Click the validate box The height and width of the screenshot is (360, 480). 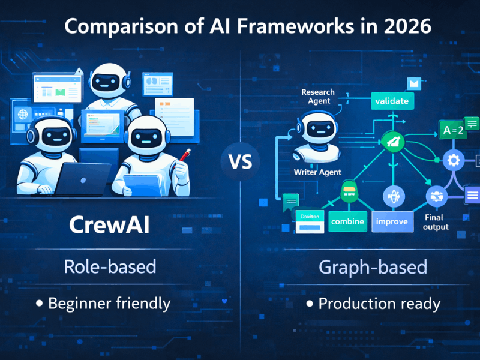[392, 101]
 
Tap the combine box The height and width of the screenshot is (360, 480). [348, 221]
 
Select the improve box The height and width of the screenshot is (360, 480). [391, 221]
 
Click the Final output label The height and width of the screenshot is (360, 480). [436, 222]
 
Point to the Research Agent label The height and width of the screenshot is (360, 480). [318, 97]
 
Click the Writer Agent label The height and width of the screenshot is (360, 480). [317, 172]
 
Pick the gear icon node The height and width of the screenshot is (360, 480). [454, 160]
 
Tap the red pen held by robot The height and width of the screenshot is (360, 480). [185, 155]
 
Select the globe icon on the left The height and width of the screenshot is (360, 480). [23, 114]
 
